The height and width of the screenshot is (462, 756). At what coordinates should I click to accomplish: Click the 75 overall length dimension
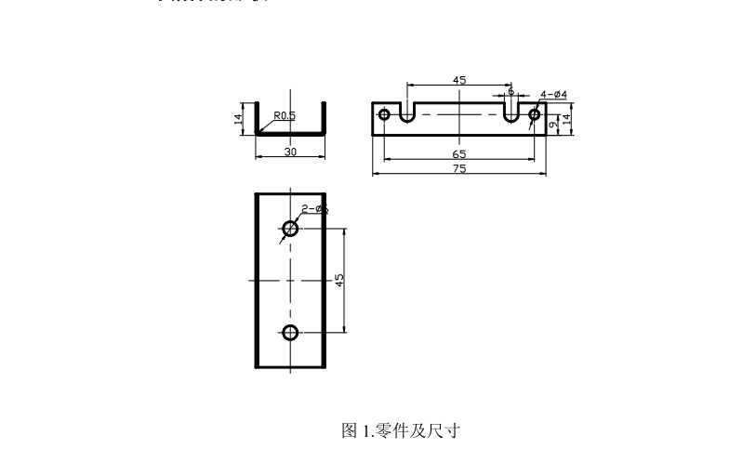point(458,169)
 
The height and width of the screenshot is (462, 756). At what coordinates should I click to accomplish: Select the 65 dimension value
point(458,153)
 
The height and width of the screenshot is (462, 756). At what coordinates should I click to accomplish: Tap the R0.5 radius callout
point(284,116)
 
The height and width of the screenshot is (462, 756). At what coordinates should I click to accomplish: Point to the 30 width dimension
point(290,152)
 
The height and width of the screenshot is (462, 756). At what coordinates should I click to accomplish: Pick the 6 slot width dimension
point(511,91)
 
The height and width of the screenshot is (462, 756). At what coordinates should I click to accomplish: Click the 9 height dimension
point(553,124)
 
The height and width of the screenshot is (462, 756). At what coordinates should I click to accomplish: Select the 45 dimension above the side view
point(458,81)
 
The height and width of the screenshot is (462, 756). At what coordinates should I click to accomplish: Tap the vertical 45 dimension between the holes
point(339,279)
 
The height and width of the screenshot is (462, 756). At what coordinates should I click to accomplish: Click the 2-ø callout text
point(314,209)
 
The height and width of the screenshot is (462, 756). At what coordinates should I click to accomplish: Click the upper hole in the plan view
point(291,228)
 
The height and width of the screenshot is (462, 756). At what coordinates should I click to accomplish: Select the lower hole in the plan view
point(291,333)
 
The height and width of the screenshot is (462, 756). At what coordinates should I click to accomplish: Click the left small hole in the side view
point(383,114)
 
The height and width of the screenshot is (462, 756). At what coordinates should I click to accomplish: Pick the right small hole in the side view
point(534,114)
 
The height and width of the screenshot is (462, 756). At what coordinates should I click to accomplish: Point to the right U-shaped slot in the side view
point(511,114)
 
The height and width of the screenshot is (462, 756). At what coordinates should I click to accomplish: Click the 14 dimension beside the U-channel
point(239,119)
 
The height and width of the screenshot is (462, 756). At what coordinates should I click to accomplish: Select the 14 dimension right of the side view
point(566,119)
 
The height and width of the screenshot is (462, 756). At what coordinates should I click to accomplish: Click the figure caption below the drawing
point(402,430)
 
